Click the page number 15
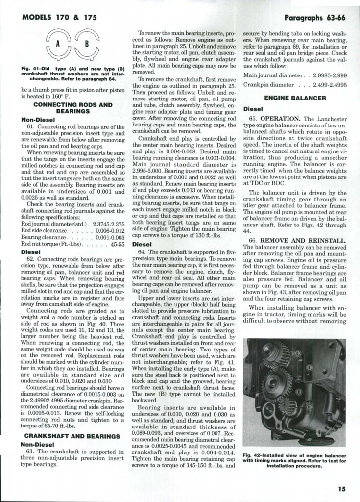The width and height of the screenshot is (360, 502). pyautogui.click(x=341, y=488)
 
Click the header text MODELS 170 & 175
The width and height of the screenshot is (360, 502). pyautogui.click(x=59, y=17)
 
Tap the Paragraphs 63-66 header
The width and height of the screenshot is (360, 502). pyautogui.click(x=315, y=18)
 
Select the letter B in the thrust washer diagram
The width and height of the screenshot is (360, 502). pyautogui.click(x=86, y=43)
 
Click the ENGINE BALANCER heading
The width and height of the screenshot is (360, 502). pyautogui.click(x=295, y=98)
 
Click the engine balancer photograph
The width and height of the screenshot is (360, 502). pyautogui.click(x=294, y=392)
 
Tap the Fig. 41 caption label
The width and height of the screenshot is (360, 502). pyautogui.click(x=34, y=68)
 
